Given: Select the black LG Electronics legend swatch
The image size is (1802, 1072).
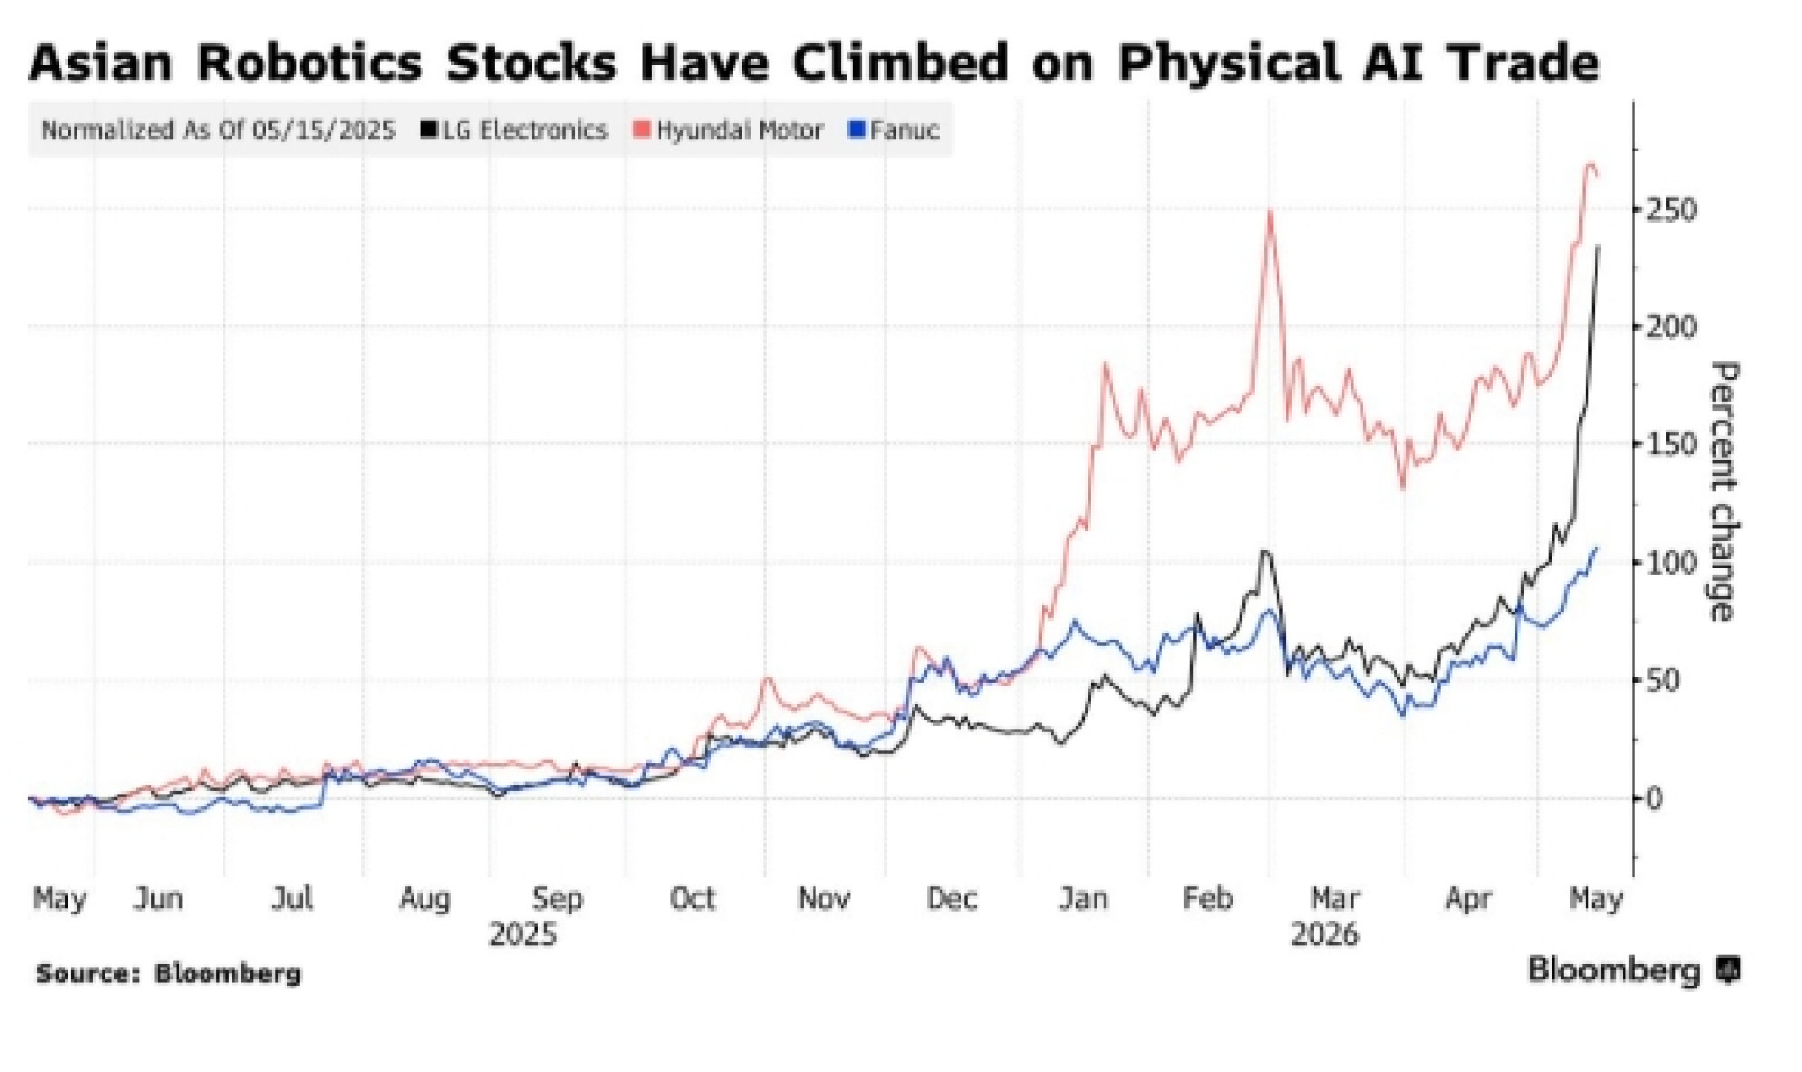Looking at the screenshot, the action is click(x=429, y=131).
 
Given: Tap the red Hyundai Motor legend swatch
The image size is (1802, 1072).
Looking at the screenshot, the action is click(x=642, y=131).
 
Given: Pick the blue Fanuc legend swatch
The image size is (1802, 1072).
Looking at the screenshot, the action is click(x=856, y=131).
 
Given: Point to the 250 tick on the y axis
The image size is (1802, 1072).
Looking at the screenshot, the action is click(x=1670, y=210).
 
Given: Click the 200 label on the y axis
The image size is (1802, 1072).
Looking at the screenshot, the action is click(x=1670, y=327).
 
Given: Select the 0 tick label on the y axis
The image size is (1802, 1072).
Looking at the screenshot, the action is click(x=1653, y=798).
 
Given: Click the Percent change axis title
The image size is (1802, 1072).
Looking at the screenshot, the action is click(x=1722, y=491).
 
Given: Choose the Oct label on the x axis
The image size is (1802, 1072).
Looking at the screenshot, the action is click(x=692, y=898).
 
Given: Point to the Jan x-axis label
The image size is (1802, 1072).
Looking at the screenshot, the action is click(x=1083, y=898).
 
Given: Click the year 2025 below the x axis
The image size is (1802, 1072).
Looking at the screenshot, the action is click(x=523, y=934).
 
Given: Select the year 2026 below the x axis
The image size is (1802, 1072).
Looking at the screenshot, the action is click(x=1324, y=934).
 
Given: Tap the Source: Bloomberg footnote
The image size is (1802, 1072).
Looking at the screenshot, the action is click(x=168, y=974).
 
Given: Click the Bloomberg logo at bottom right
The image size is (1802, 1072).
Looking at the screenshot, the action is click(x=1634, y=970).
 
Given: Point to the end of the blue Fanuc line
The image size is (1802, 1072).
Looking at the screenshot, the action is click(x=1597, y=547).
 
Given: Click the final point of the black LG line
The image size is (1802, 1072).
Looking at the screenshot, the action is click(x=1598, y=245).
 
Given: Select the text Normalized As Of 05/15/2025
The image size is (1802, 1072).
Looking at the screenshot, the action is click(x=218, y=131).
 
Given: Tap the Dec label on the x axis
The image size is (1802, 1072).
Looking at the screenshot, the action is click(x=951, y=898).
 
